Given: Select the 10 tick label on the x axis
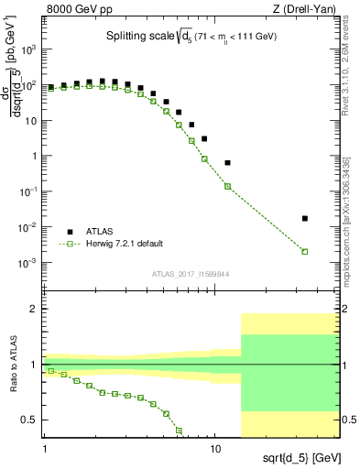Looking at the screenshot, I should [215, 450].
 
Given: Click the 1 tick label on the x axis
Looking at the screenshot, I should [45, 450].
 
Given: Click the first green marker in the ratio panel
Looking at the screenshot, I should [51, 371].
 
